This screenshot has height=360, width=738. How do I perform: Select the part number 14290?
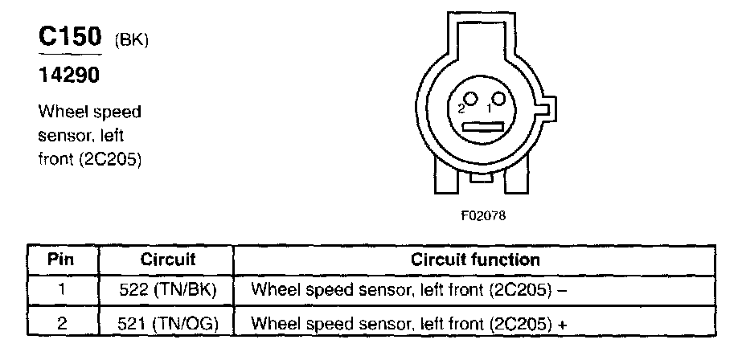[72, 78]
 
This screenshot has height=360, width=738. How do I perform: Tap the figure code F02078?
[484, 215]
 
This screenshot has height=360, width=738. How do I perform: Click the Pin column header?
[62, 260]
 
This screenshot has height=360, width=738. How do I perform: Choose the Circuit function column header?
[475, 260]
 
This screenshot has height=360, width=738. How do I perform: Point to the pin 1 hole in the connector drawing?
[499, 100]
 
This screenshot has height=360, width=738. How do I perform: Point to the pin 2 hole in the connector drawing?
[472, 100]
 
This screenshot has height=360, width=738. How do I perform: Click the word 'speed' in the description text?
[121, 110]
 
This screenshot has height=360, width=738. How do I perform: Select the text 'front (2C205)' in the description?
[90, 159]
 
